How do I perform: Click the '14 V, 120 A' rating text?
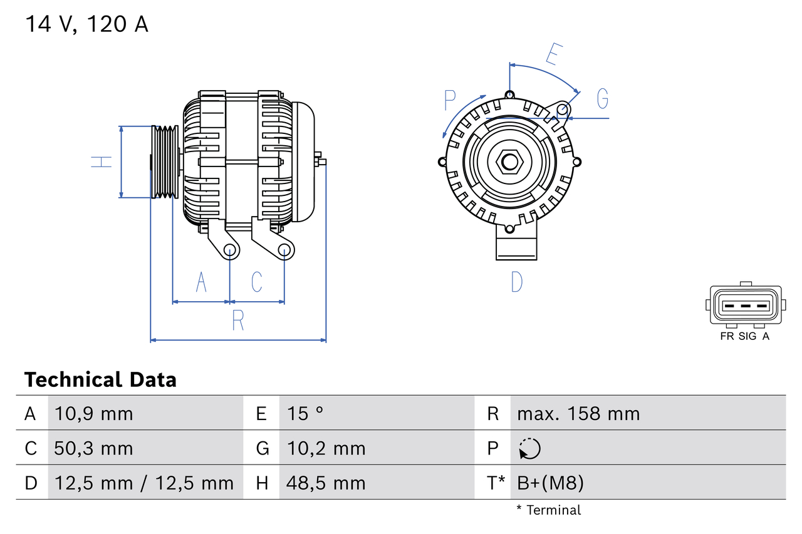pos(86,24)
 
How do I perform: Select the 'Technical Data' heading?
pos(100,379)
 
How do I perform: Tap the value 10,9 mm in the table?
pos(93,414)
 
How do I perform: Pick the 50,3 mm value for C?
pos(93,448)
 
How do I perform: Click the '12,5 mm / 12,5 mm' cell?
pos(144,483)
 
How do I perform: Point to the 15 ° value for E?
pos(305,414)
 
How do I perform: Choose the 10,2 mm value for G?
pos(326,448)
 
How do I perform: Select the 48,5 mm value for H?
pos(326,483)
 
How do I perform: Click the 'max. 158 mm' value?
pos(578,414)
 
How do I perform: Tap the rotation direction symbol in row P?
pos(529,448)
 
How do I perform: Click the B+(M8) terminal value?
pos(550,483)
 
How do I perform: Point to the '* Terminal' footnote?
pos(548,510)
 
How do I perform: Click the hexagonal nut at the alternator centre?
pos(509,162)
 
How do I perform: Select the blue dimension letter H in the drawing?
pos(101,162)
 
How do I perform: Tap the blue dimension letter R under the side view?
pos(238,321)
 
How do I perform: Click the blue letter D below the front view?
pos(516,282)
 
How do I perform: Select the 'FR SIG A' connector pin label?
pos(744,336)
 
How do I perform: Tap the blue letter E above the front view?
pos(552,54)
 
